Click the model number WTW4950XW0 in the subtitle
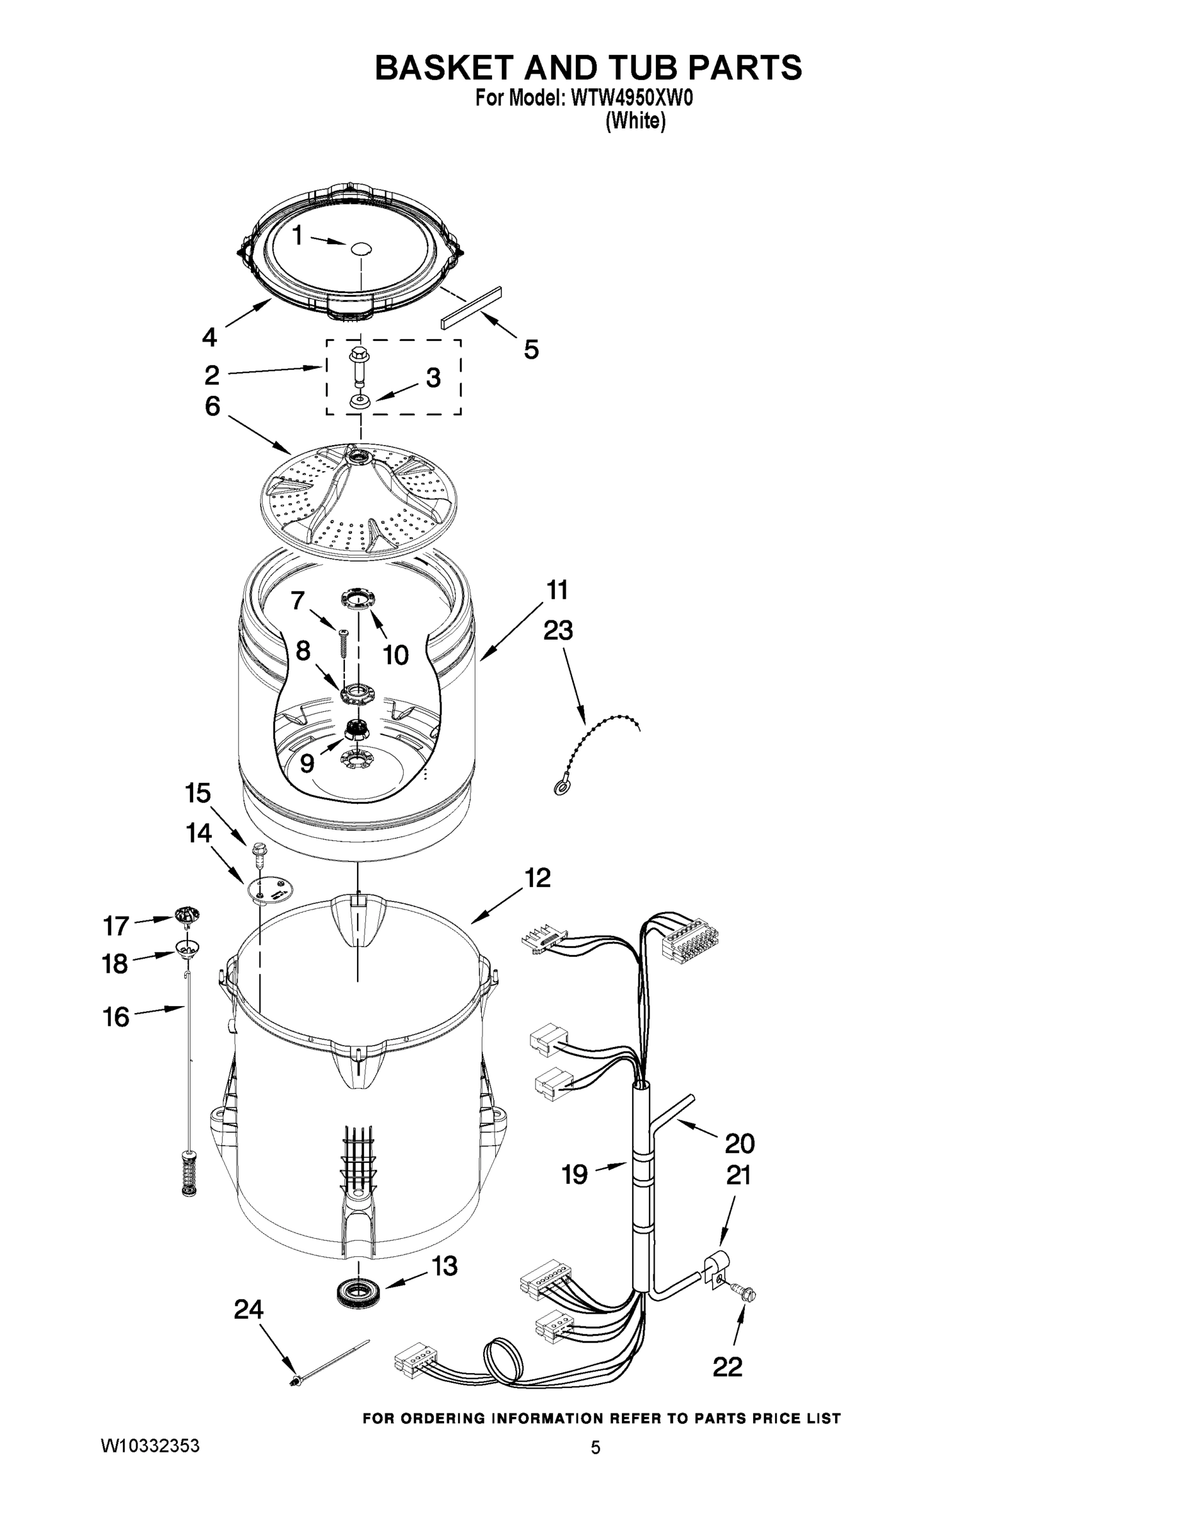(632, 99)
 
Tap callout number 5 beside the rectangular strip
(531, 349)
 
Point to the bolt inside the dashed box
(358, 367)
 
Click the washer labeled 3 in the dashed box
(360, 401)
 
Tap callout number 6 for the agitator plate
(212, 405)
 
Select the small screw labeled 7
(343, 643)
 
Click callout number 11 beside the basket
(557, 590)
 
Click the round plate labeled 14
(270, 889)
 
